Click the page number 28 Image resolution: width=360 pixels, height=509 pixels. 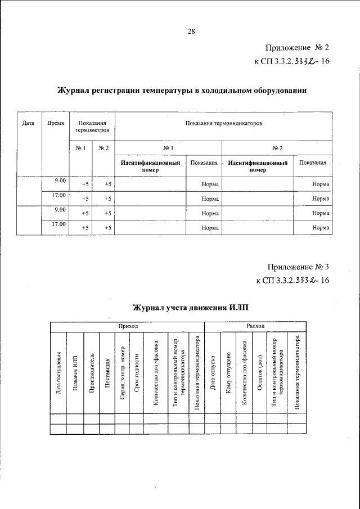click(191, 31)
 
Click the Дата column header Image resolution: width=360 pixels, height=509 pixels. click(29, 123)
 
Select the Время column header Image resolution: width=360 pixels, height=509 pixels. click(55, 123)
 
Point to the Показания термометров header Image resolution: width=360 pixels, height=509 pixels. click(91, 126)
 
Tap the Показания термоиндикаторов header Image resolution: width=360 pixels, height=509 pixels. click(223, 123)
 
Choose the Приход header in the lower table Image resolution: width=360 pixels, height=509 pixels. click(127, 326)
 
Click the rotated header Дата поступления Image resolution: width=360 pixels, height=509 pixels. click(58, 373)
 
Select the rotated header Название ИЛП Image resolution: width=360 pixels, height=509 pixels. click(75, 375)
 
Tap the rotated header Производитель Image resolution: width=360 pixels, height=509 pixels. click(91, 375)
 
